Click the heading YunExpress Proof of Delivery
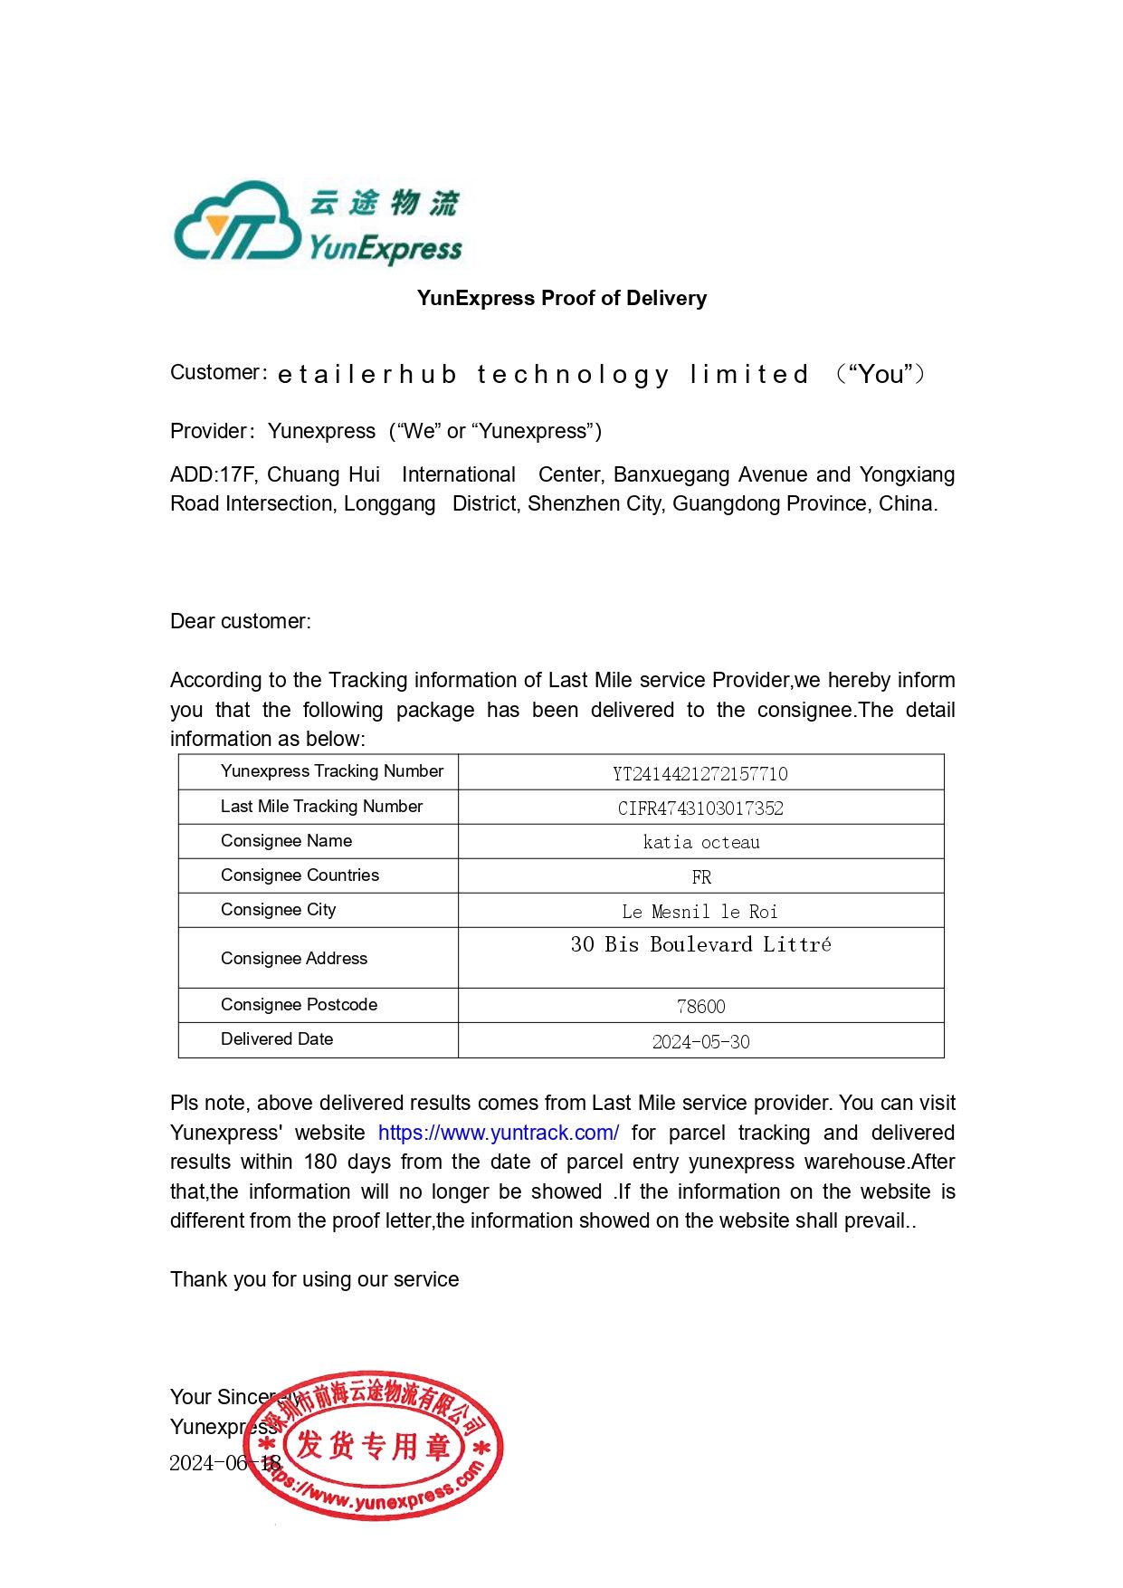561,298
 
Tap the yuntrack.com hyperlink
498,1133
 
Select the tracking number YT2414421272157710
700,773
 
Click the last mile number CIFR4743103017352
700,808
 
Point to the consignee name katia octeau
700,842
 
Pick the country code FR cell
700,876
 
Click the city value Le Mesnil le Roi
700,911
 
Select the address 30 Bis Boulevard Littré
700,944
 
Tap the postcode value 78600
700,1006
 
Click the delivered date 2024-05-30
700,1041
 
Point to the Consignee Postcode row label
299,1004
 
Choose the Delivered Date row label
277,1038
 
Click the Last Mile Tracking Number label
321,806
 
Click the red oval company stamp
374,1445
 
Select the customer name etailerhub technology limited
543,374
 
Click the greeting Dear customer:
240,621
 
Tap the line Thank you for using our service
314,1279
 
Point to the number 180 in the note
320,1162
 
